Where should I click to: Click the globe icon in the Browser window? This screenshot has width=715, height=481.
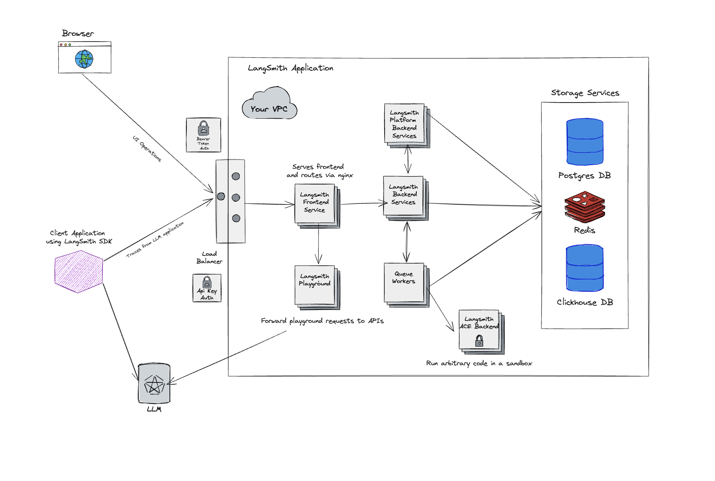[x=84, y=59]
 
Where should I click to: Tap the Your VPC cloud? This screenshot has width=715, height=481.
[x=269, y=105]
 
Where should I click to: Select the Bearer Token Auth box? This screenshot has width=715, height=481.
[x=203, y=135]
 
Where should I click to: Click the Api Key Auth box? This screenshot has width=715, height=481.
[x=207, y=288]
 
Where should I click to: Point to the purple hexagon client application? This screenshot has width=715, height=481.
[x=79, y=271]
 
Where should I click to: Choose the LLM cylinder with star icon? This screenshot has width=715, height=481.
[x=154, y=384]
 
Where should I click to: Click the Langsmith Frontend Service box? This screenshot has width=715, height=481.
[x=315, y=203]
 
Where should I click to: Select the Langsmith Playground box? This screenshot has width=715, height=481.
[x=315, y=285]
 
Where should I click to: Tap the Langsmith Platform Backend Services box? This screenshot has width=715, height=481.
[x=405, y=124]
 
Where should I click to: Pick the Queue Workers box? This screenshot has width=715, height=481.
[x=404, y=283]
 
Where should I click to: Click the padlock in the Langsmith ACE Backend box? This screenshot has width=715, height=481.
[x=479, y=341]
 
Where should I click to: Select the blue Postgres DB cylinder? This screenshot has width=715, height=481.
[x=585, y=142]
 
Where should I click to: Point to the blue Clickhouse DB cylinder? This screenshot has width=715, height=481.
[x=585, y=268]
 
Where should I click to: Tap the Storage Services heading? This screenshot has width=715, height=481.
[x=585, y=93]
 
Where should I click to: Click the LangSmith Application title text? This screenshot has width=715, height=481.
[x=290, y=68]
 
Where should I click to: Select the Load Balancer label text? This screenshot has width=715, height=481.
[x=209, y=258]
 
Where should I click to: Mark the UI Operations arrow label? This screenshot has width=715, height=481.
[x=147, y=149]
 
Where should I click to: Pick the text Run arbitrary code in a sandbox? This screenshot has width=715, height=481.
[x=479, y=363]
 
